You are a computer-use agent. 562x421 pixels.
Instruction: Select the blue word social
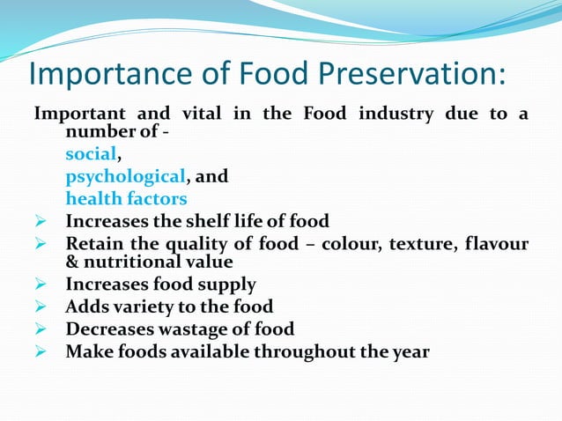(91, 154)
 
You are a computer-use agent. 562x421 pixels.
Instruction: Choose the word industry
(390, 114)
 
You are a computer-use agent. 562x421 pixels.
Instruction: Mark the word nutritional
(130, 262)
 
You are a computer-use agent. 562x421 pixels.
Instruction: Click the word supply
(226, 284)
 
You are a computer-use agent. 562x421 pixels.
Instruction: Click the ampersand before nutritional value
(72, 262)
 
